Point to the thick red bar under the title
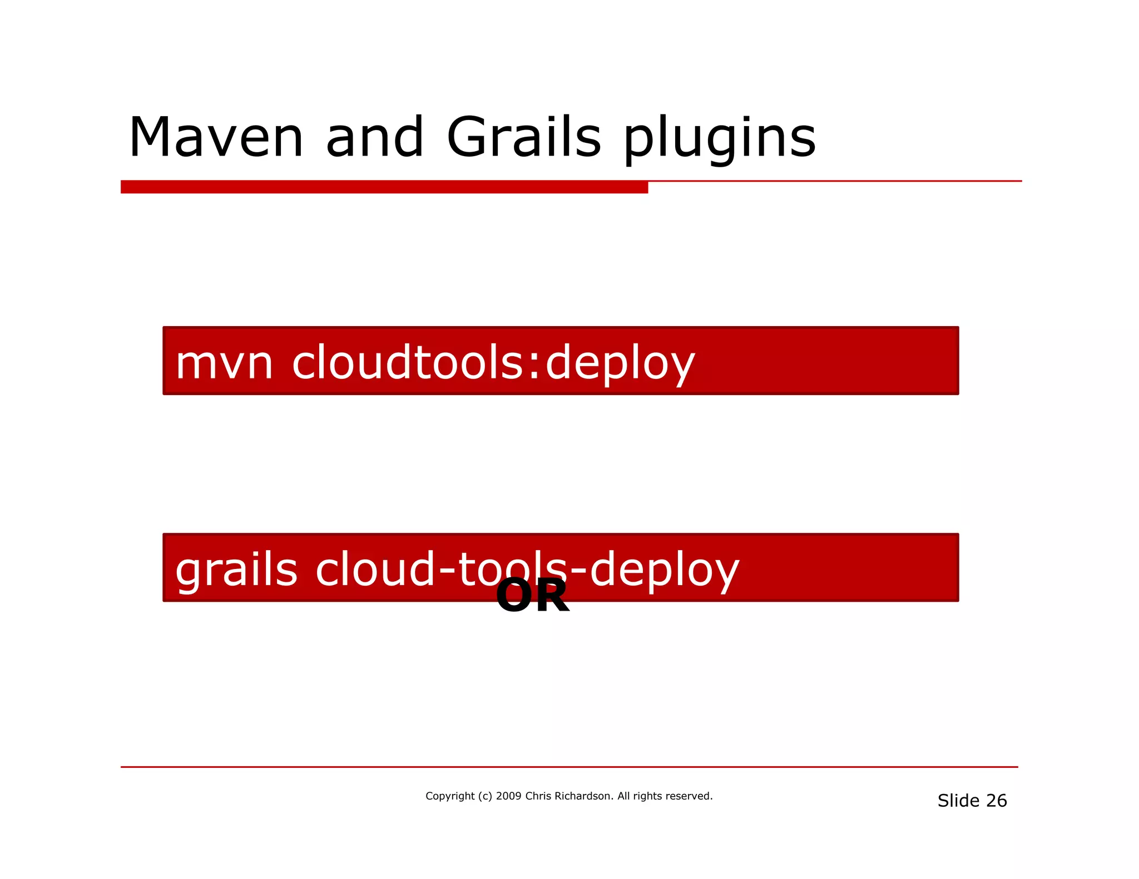coord(384,187)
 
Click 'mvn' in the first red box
coord(224,363)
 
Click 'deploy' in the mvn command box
coord(620,364)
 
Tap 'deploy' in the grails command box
coord(665,571)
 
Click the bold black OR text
coord(532,596)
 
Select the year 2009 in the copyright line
coord(508,796)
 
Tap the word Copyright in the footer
coord(450,796)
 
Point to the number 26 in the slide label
coord(996,801)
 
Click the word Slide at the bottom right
coord(958,801)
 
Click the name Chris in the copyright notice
coord(538,796)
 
